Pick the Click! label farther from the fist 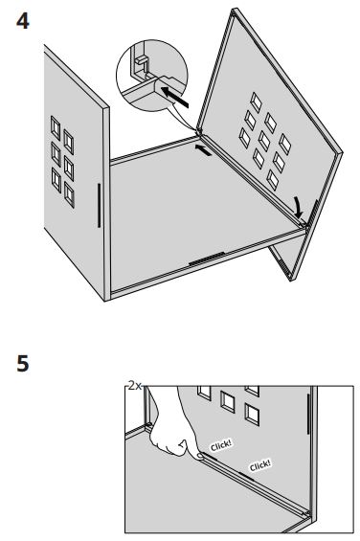point(259,465)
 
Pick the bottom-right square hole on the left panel point(70,196)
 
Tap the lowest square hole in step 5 point(251,414)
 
